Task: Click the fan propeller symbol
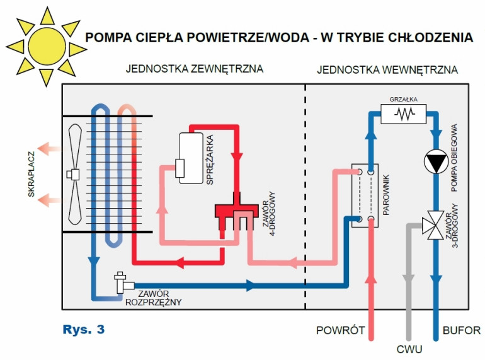coord(74,173)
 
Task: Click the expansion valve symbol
coord(120,282)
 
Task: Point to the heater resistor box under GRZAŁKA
coord(403,113)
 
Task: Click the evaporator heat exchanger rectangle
coord(365,195)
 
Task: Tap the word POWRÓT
coord(341,330)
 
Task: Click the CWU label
coord(409,349)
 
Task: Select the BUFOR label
coord(461,330)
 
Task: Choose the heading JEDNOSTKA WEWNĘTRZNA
coord(387,69)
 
